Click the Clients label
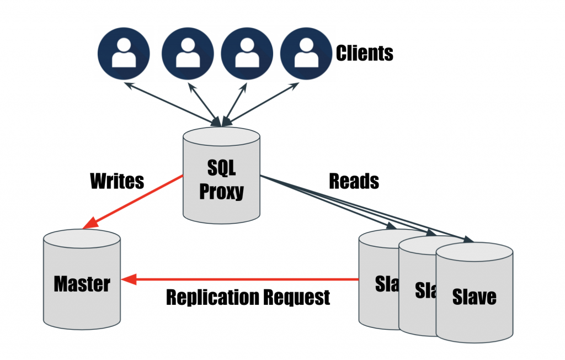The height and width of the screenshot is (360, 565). point(364,54)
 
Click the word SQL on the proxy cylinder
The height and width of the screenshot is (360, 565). point(221,167)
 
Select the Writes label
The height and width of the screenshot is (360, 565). point(116,181)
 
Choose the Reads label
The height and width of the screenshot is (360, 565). point(354,181)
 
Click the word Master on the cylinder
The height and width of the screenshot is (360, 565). point(82,284)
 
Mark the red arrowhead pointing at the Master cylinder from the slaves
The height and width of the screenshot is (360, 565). point(128,279)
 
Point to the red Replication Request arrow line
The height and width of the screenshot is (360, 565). point(248,279)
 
